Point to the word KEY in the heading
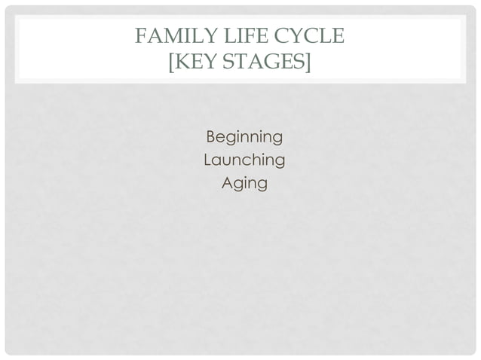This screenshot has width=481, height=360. tap(198, 60)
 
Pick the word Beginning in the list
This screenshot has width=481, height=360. tap(244, 138)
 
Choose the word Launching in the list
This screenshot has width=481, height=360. tap(244, 160)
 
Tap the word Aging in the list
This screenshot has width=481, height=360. tap(244, 184)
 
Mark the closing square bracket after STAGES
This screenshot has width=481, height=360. tap(307, 61)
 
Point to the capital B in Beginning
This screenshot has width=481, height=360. tap(211, 137)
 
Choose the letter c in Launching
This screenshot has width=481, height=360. tap(250, 161)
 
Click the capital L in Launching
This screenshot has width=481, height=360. tap(208, 160)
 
